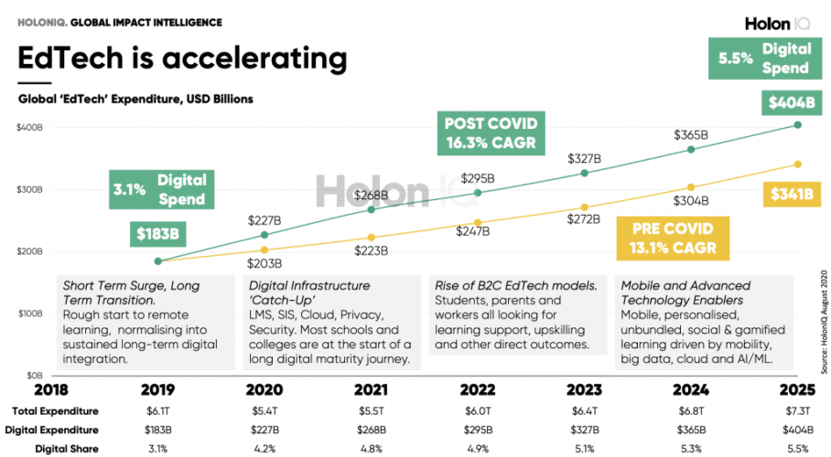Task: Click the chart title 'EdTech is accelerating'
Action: pos(183,59)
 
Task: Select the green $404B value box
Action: pos(785,103)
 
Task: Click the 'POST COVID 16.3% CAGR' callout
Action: pos(491,133)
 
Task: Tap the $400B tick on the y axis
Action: pos(29,127)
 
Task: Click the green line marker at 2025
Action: pos(797,125)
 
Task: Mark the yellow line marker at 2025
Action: pos(797,165)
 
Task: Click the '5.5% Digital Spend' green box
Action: pos(761,57)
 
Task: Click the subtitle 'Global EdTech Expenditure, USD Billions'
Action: pos(135,99)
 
